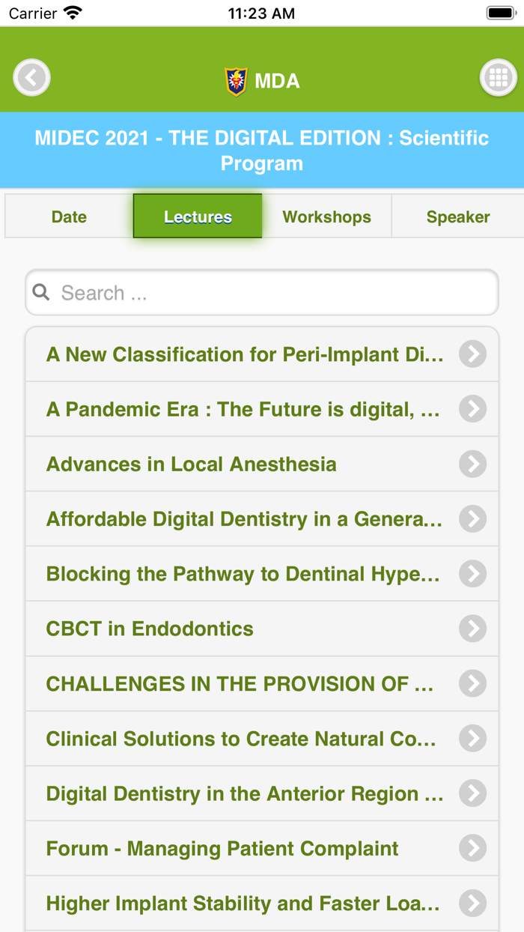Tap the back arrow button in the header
31,77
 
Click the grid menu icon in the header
498,77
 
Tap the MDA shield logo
237,81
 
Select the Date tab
69,217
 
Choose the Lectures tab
198,217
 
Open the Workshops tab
326,217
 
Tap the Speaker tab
457,217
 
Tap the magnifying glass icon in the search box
42,292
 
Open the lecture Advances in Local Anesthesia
192,465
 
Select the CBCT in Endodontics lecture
150,629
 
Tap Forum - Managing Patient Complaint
222,849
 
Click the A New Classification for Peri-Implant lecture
245,354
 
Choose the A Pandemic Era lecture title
243,410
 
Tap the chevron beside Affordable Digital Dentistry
472,519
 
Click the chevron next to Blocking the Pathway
472,574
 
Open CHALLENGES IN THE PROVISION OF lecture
240,684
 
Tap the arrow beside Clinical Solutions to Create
472,739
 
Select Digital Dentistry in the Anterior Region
244,794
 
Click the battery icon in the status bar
499,13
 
